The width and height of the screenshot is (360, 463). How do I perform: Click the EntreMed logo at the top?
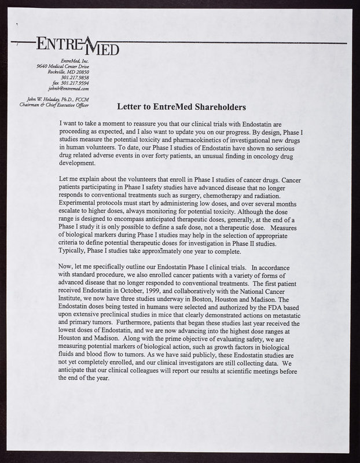tap(78, 45)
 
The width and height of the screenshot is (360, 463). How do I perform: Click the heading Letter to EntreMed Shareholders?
tap(182, 107)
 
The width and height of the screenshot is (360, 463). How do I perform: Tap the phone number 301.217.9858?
tap(75, 78)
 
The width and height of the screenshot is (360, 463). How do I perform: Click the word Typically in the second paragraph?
tap(75, 252)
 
